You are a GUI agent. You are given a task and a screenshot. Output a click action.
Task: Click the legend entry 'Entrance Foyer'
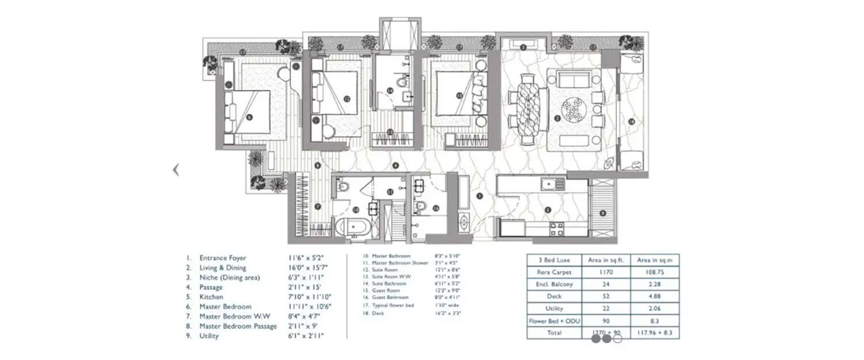pos(222,259)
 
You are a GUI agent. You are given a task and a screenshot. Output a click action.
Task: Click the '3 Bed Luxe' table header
pos(552,260)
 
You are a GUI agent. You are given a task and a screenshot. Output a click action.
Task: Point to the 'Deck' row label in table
pos(552,297)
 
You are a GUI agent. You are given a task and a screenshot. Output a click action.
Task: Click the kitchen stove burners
pos(556,229)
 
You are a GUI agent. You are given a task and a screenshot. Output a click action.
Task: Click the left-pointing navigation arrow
pos(177,170)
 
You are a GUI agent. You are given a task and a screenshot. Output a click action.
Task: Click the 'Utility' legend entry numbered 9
pos(209,336)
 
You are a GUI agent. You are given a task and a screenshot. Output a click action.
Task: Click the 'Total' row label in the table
pos(552,333)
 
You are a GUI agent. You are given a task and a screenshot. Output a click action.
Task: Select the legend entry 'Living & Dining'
pos(222,268)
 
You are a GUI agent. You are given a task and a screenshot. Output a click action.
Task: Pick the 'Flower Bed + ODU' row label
pos(552,321)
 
